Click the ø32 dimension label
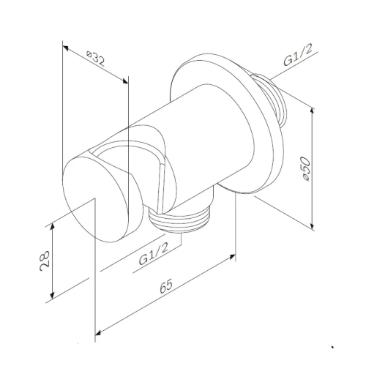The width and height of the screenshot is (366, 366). (96, 59)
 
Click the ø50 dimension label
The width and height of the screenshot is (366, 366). (306, 168)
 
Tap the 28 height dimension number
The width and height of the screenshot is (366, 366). (45, 261)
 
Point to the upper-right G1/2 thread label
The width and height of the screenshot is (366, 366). (298, 55)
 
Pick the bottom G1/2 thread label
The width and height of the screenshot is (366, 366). (154, 254)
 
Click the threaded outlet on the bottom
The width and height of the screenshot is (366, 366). (180, 218)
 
